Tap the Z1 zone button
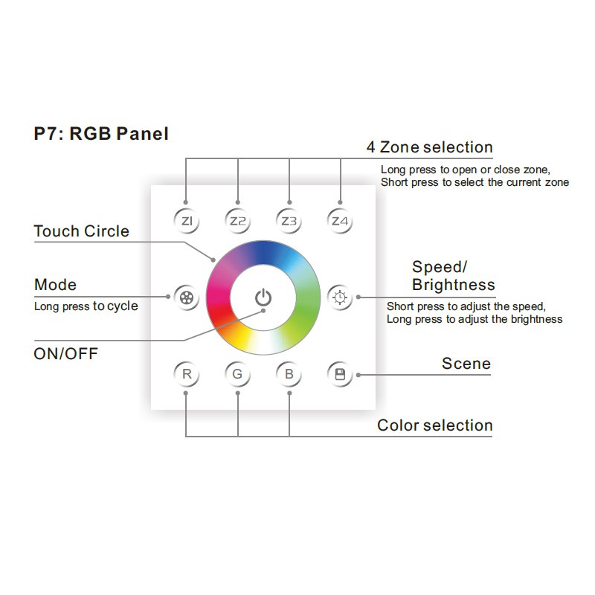coord(186,221)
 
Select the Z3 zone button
coord(289,221)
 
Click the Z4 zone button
coord(340,221)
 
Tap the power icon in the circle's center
coord(263,297)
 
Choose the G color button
coord(237,374)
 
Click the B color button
coord(289,374)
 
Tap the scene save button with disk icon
coord(340,374)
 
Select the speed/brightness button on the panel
coord(340,297)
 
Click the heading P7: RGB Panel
coord(101,134)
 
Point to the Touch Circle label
coord(82,231)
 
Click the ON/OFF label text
coord(66,353)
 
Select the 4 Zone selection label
coord(429,147)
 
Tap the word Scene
coord(466,364)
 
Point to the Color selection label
coord(435,425)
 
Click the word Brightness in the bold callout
coord(453,285)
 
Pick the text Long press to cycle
coord(86,306)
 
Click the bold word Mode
coord(55,285)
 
